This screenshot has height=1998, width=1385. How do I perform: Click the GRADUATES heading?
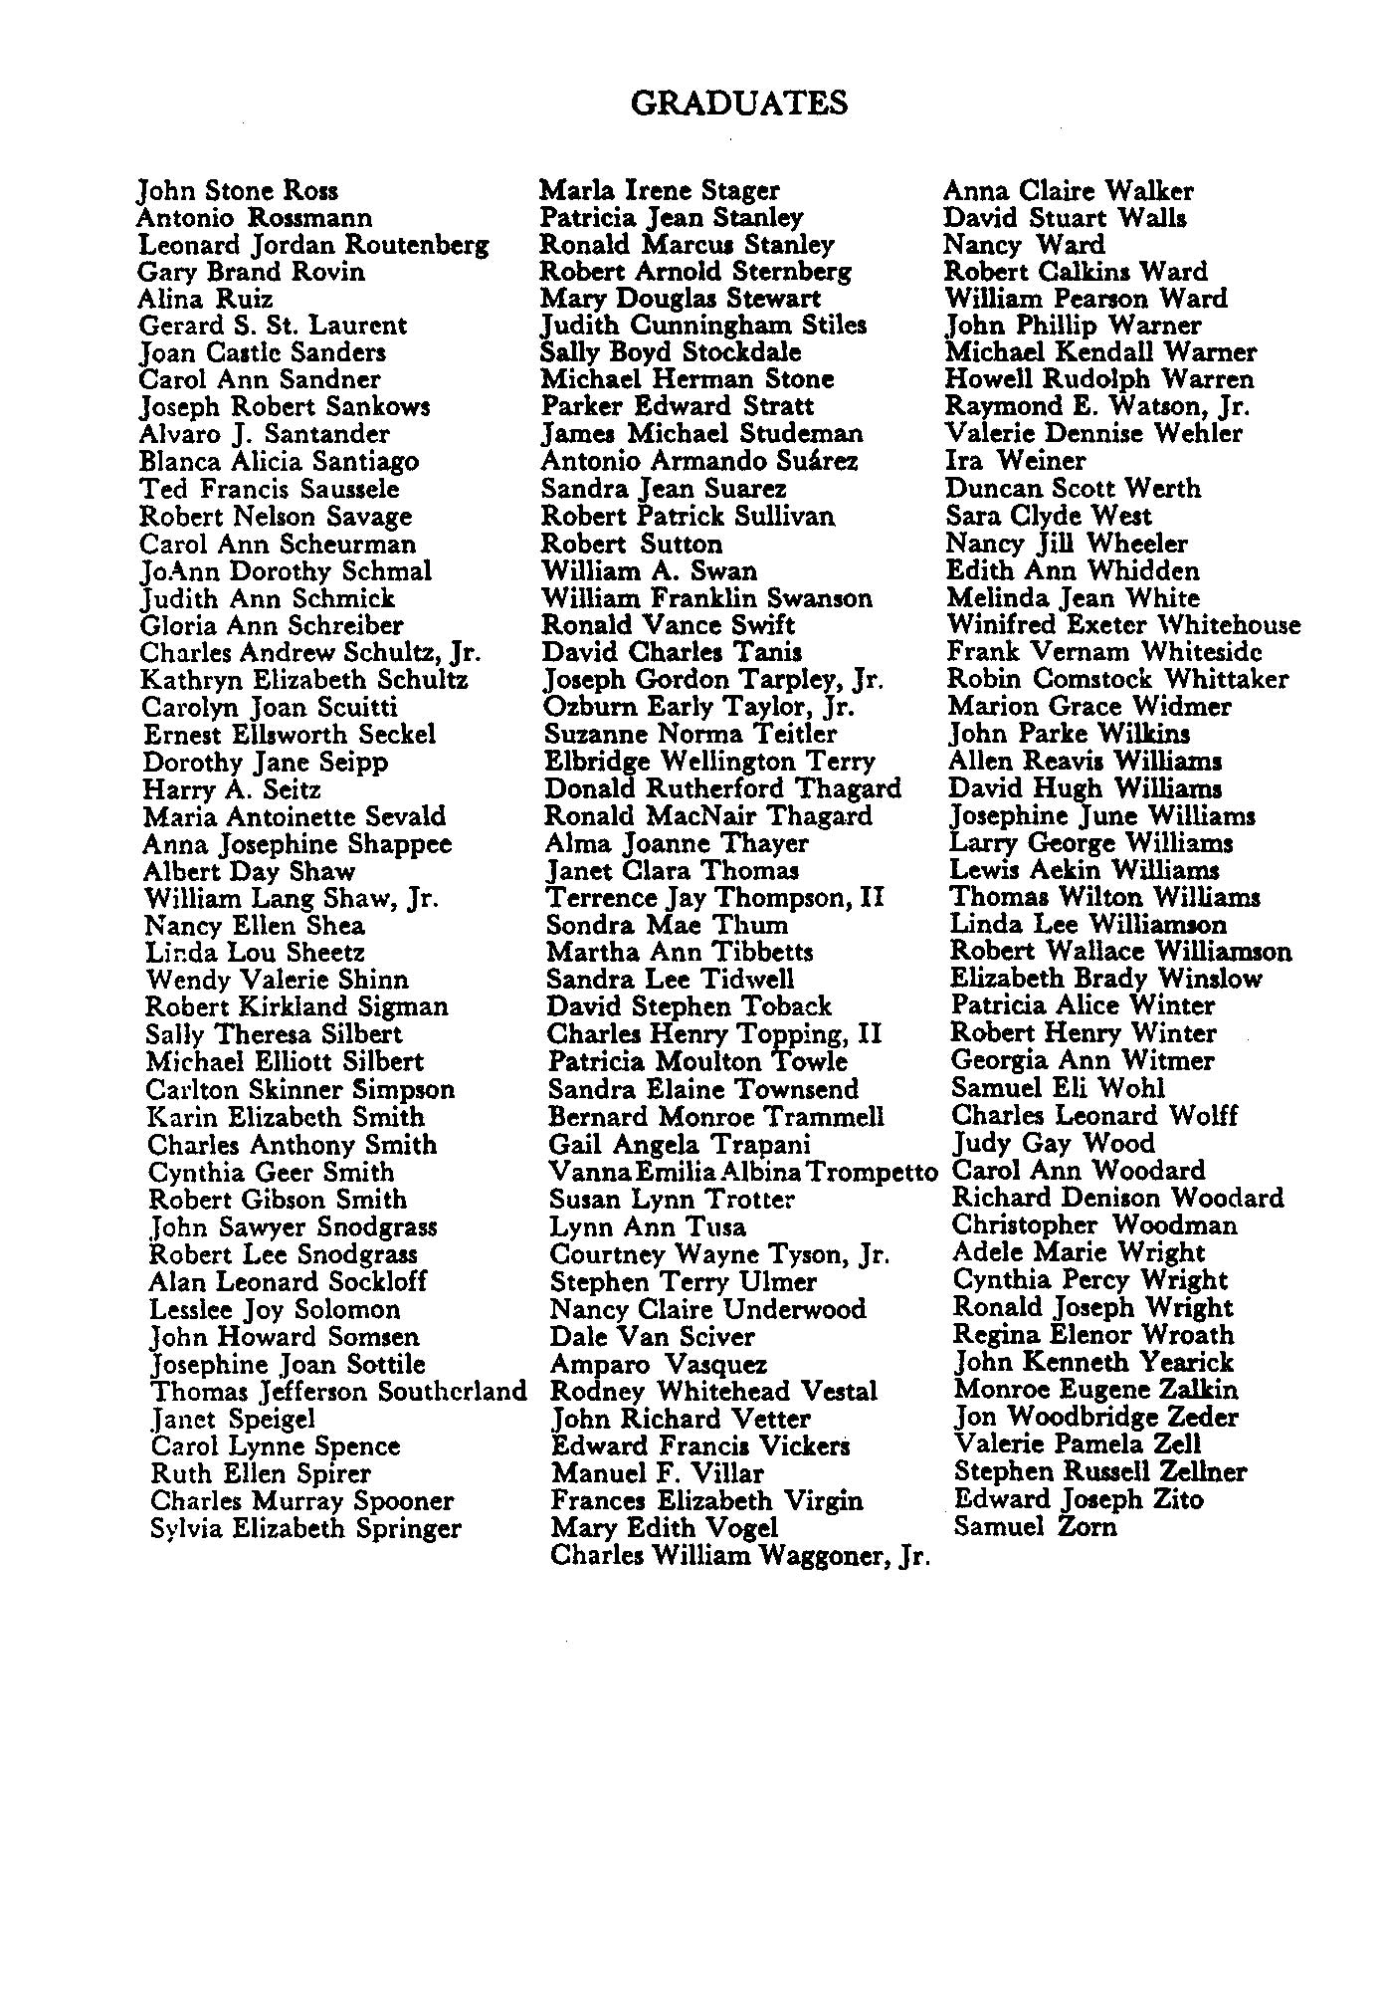coord(739,104)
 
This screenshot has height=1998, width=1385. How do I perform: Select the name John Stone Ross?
coord(238,190)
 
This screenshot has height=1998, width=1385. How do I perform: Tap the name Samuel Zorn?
coord(1035,1526)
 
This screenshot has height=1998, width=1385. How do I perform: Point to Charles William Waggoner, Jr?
coord(739,1555)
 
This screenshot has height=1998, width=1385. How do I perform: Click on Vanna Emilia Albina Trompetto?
coord(743,1172)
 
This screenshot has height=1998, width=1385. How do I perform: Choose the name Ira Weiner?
coord(1015,461)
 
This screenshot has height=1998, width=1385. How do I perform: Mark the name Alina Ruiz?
coord(205,299)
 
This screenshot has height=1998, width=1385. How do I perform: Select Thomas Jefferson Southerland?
coord(338,1392)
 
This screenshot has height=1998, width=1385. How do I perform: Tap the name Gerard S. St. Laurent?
coord(273,326)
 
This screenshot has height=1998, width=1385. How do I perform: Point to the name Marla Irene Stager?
coord(660,190)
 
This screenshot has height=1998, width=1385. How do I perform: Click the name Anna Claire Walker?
coord(1068,190)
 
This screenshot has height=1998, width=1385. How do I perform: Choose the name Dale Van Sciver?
coord(652,1336)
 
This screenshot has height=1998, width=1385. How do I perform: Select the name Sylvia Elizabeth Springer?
coord(305,1528)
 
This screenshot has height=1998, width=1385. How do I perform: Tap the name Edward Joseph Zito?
coord(1079,1499)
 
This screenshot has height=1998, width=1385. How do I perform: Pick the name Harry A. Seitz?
coord(232,789)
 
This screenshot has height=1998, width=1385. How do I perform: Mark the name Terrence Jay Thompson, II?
coord(714,898)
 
